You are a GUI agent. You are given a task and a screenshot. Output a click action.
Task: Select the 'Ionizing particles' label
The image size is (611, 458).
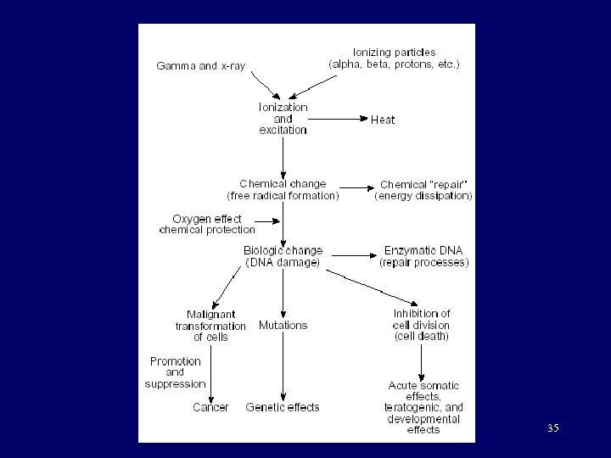click(x=394, y=58)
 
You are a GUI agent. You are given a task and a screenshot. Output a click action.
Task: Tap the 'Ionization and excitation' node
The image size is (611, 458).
click(x=283, y=119)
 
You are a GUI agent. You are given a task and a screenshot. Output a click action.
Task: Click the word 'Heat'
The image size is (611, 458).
click(x=383, y=120)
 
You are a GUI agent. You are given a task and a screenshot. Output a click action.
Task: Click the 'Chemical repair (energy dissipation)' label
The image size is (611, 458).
click(x=423, y=189)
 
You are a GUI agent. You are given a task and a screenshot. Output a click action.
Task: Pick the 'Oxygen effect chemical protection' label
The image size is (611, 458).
click(x=206, y=224)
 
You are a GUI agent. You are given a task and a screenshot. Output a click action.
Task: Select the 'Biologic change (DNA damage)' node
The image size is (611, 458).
click(x=283, y=256)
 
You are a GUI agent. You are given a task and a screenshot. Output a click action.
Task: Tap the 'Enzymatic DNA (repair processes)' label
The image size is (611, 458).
click(x=423, y=256)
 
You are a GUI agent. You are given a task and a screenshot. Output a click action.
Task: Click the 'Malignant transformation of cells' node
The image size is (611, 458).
click(x=210, y=326)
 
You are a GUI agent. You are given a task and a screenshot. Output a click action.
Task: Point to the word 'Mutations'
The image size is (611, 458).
click(x=283, y=325)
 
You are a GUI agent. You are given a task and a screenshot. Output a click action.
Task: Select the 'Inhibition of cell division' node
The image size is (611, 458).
click(x=422, y=325)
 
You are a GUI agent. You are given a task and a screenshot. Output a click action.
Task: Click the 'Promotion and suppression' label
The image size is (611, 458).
click(x=176, y=372)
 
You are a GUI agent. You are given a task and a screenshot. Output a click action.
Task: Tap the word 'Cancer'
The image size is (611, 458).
click(x=210, y=407)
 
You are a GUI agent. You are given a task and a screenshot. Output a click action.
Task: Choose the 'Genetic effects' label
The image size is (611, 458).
click(x=283, y=407)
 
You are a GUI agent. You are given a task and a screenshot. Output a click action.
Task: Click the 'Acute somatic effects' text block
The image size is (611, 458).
click(x=423, y=407)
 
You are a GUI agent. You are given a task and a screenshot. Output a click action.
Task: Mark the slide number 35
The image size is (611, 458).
click(x=553, y=428)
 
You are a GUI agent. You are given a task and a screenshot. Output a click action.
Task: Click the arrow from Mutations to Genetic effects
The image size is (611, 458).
click(x=283, y=365)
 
